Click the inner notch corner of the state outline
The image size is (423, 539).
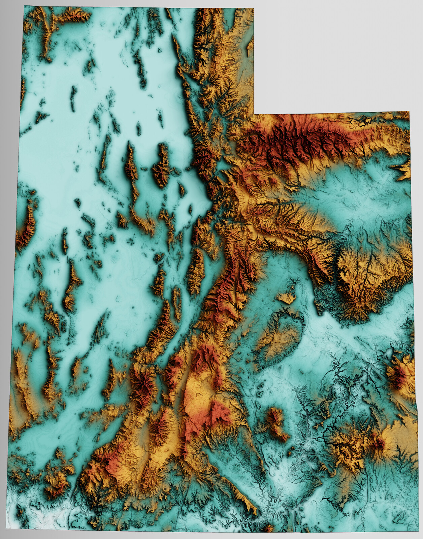[x=254, y=114]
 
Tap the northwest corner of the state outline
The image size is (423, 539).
[x=24, y=6]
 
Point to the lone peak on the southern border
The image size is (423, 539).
[x=268, y=528]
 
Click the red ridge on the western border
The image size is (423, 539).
[x=25, y=229]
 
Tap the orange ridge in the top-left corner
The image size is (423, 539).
[x=44, y=30]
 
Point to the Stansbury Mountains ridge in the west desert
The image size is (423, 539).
[x=162, y=165]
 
